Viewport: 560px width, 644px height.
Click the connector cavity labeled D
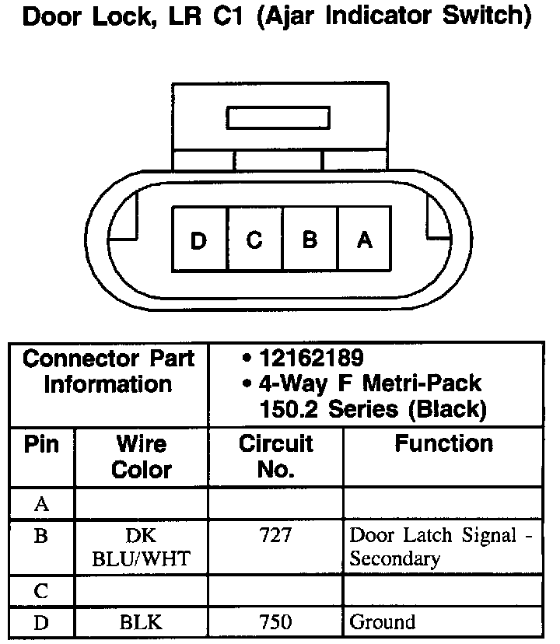pyautogui.click(x=200, y=240)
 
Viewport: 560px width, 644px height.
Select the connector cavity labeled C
pyautogui.click(x=255, y=240)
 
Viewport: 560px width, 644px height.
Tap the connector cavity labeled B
pyautogui.click(x=310, y=240)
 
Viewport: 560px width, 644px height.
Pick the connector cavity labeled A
pyautogui.click(x=364, y=240)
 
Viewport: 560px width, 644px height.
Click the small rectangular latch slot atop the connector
pyautogui.click(x=278, y=118)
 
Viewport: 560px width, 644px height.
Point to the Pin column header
pyautogui.click(x=42, y=444)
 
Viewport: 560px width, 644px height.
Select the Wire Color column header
pyautogui.click(x=142, y=457)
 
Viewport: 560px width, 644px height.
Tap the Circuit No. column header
pyautogui.click(x=275, y=457)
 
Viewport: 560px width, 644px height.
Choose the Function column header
pyautogui.click(x=443, y=444)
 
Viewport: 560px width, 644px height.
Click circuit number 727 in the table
pyautogui.click(x=275, y=535)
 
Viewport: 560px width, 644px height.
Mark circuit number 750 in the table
pyautogui.click(x=275, y=621)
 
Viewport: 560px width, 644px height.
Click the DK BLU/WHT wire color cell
pyautogui.click(x=142, y=547)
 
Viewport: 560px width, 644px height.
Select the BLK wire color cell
pyautogui.click(x=142, y=621)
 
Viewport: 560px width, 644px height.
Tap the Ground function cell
pyautogui.click(x=383, y=621)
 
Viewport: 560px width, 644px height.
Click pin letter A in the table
pyautogui.click(x=42, y=504)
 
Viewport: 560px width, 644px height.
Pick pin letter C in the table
pyautogui.click(x=42, y=590)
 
